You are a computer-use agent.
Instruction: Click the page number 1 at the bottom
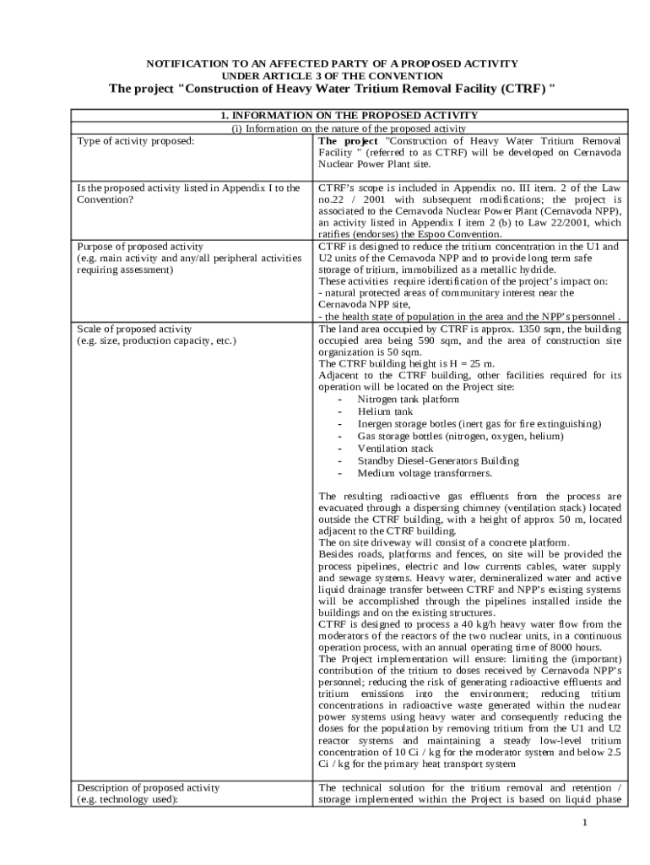tap(583, 824)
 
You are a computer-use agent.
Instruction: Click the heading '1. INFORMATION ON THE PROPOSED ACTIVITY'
tap(349, 116)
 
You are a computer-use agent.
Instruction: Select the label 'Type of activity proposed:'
tap(136, 140)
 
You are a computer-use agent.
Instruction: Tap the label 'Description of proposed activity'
tap(148, 787)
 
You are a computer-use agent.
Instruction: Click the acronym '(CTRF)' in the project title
tap(520, 90)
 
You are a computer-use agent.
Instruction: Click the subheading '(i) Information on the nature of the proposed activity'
tap(349, 128)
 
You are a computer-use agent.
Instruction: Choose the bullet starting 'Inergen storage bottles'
tap(479, 424)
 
